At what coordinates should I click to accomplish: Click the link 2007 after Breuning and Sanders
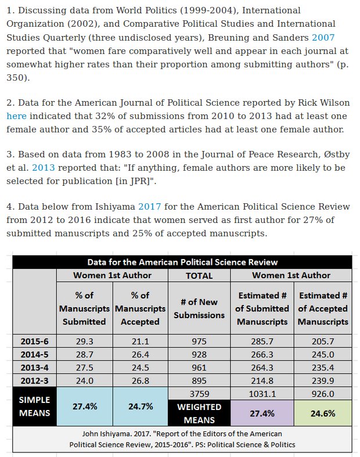coord(323,37)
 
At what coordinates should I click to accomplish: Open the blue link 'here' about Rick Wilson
coord(16,116)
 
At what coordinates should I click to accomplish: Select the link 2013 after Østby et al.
coord(43,168)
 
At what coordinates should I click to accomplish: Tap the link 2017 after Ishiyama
coord(150,207)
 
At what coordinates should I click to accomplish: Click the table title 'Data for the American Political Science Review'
coord(182,262)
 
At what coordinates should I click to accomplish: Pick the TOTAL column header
coord(199,276)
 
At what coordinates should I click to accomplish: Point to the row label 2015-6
coord(34,341)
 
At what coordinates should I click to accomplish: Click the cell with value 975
coord(199,341)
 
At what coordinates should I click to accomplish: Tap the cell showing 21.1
coord(140,341)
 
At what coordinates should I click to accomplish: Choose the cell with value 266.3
coord(262,354)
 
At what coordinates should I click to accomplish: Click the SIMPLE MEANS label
coord(34,406)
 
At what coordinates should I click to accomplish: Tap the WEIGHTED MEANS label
coord(199,413)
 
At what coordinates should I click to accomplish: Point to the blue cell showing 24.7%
coord(140,406)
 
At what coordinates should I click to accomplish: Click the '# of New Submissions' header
coord(199,308)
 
